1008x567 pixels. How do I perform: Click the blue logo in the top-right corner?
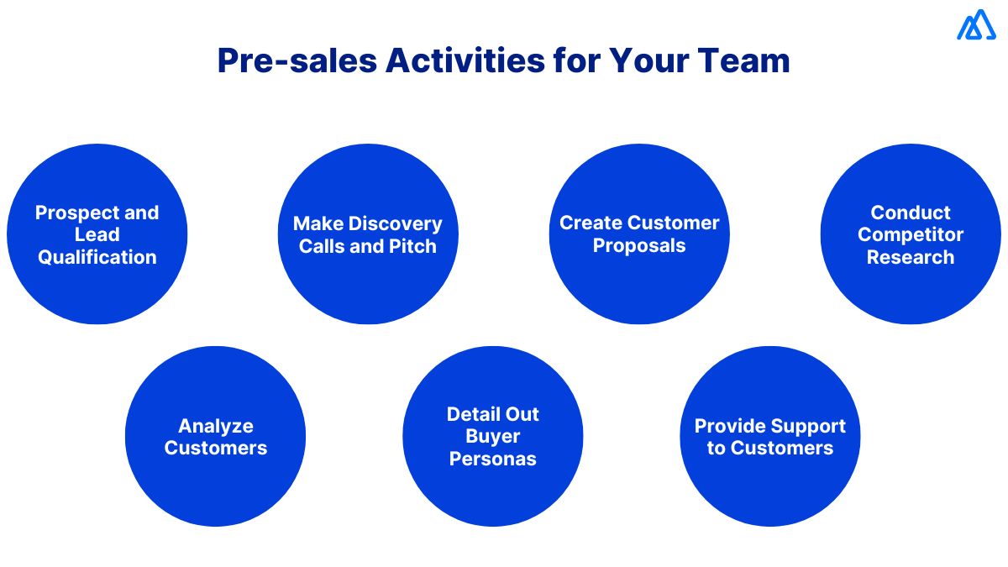(975, 25)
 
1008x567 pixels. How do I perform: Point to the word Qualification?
(97, 257)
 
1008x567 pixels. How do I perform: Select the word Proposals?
(639, 246)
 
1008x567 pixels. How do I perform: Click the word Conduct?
(911, 213)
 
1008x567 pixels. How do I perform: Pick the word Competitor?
(911, 234)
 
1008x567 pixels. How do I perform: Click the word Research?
(911, 257)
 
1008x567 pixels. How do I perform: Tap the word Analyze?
(215, 426)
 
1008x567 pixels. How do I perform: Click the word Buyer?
(493, 436)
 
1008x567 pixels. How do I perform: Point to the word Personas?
(493, 459)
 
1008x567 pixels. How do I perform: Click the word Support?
(808, 426)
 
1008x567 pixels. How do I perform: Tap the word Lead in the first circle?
(97, 234)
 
